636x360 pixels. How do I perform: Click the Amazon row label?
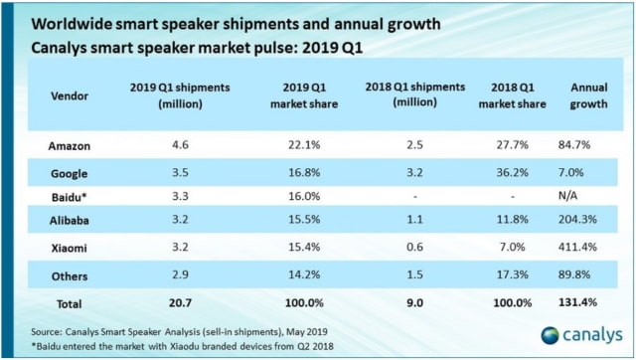[x=71, y=145]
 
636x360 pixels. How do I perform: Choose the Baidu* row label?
[x=71, y=194]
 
